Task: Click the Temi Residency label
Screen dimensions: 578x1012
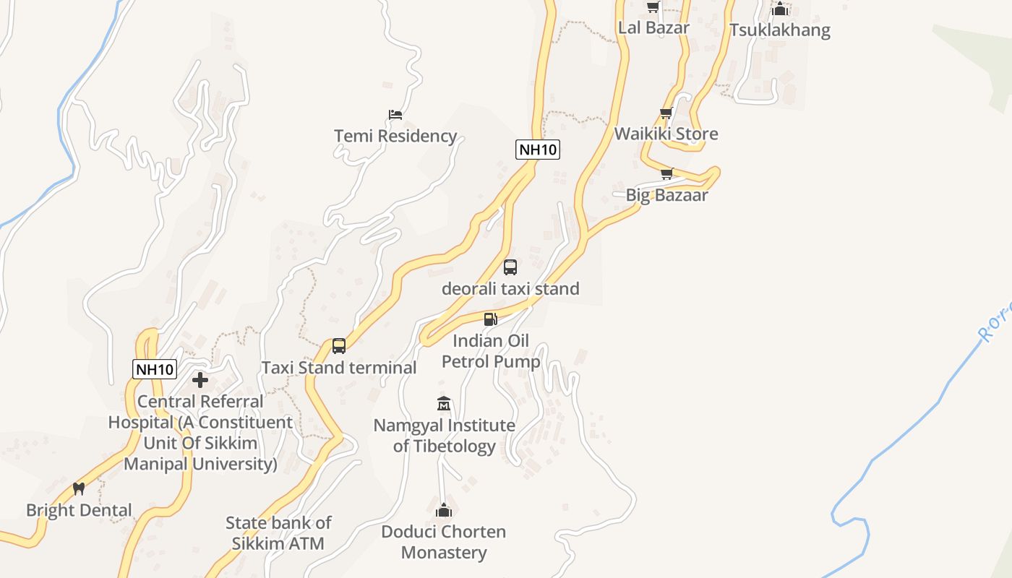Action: (x=395, y=136)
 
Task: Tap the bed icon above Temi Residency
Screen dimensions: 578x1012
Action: (x=395, y=115)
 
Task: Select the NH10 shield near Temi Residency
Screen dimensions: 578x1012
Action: (x=538, y=150)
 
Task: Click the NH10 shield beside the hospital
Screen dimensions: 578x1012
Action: (x=155, y=369)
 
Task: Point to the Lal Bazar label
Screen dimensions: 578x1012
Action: (x=653, y=27)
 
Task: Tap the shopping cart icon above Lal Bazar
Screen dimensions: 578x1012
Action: (x=653, y=7)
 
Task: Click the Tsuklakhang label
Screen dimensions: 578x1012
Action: (x=779, y=30)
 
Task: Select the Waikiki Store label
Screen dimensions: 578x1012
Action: (x=666, y=134)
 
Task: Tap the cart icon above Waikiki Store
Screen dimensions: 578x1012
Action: (x=666, y=113)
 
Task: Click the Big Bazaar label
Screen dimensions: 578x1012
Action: (x=666, y=195)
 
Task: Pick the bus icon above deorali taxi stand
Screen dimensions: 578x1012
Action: (x=510, y=267)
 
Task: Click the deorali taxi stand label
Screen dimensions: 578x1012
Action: (x=510, y=289)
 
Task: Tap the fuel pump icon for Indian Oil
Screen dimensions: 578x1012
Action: (x=491, y=319)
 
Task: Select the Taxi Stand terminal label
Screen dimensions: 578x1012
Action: (x=338, y=368)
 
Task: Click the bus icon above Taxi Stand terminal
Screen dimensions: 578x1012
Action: (x=339, y=346)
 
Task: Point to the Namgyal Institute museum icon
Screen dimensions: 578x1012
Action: (x=444, y=403)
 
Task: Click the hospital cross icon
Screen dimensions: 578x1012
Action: (x=200, y=379)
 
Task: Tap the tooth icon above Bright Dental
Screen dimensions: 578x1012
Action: (x=79, y=489)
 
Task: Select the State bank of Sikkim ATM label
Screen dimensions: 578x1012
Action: (x=278, y=533)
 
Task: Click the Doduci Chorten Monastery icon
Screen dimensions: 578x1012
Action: (x=444, y=511)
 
